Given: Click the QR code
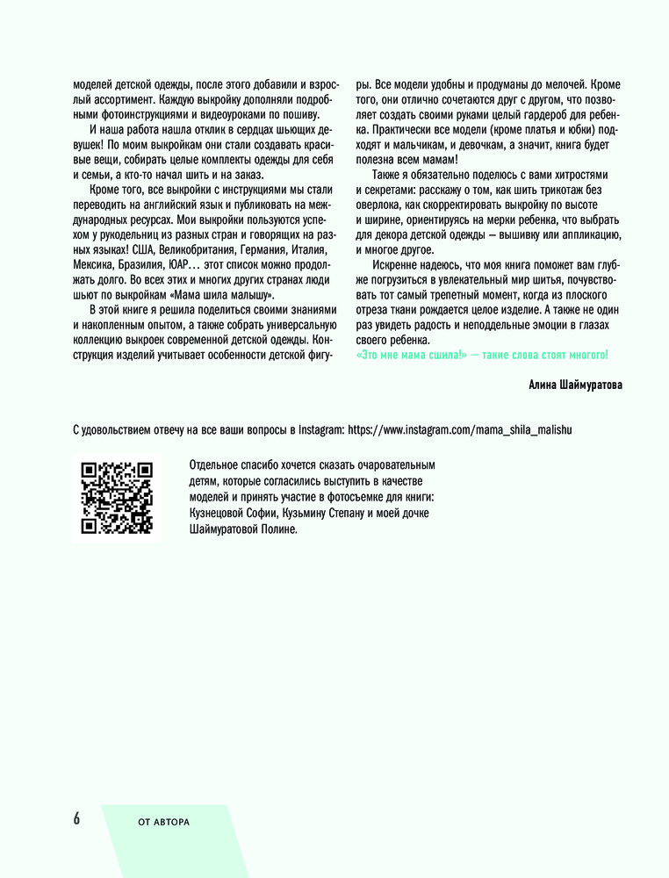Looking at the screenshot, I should pos(117,498).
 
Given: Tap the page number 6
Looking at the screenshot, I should pos(76,818).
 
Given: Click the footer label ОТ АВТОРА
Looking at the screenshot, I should pos(164,822).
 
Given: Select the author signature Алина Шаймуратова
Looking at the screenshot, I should pos(576,385).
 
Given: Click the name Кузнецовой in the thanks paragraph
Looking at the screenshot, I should pos(223,513).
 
